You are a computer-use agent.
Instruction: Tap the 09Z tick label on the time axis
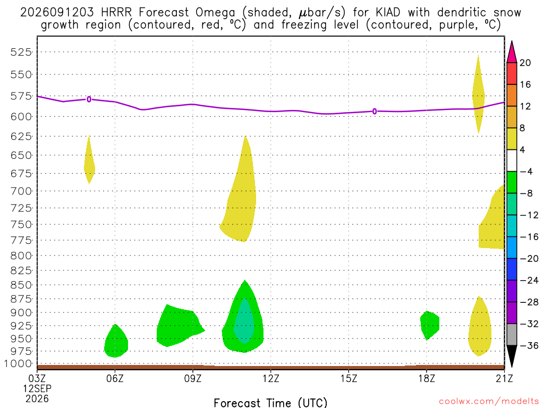(192, 378)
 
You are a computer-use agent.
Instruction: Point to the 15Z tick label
(348, 378)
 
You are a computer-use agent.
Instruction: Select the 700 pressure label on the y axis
(21, 191)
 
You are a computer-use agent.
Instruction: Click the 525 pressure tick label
(21, 52)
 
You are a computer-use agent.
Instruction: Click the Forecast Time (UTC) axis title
(270, 403)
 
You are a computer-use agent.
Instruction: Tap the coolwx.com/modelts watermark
(489, 401)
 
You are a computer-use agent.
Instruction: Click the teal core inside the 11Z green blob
(244, 321)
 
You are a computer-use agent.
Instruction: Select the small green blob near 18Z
(429, 325)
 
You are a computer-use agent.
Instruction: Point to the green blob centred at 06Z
(116, 341)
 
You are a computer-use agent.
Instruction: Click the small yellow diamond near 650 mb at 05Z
(89, 159)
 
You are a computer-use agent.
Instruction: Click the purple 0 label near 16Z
(375, 112)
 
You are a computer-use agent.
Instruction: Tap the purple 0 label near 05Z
(89, 99)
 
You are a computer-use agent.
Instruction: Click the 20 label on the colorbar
(525, 63)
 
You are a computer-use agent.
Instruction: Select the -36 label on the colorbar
(529, 345)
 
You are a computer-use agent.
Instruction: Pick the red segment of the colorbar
(512, 73)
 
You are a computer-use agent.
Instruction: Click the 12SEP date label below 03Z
(37, 388)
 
